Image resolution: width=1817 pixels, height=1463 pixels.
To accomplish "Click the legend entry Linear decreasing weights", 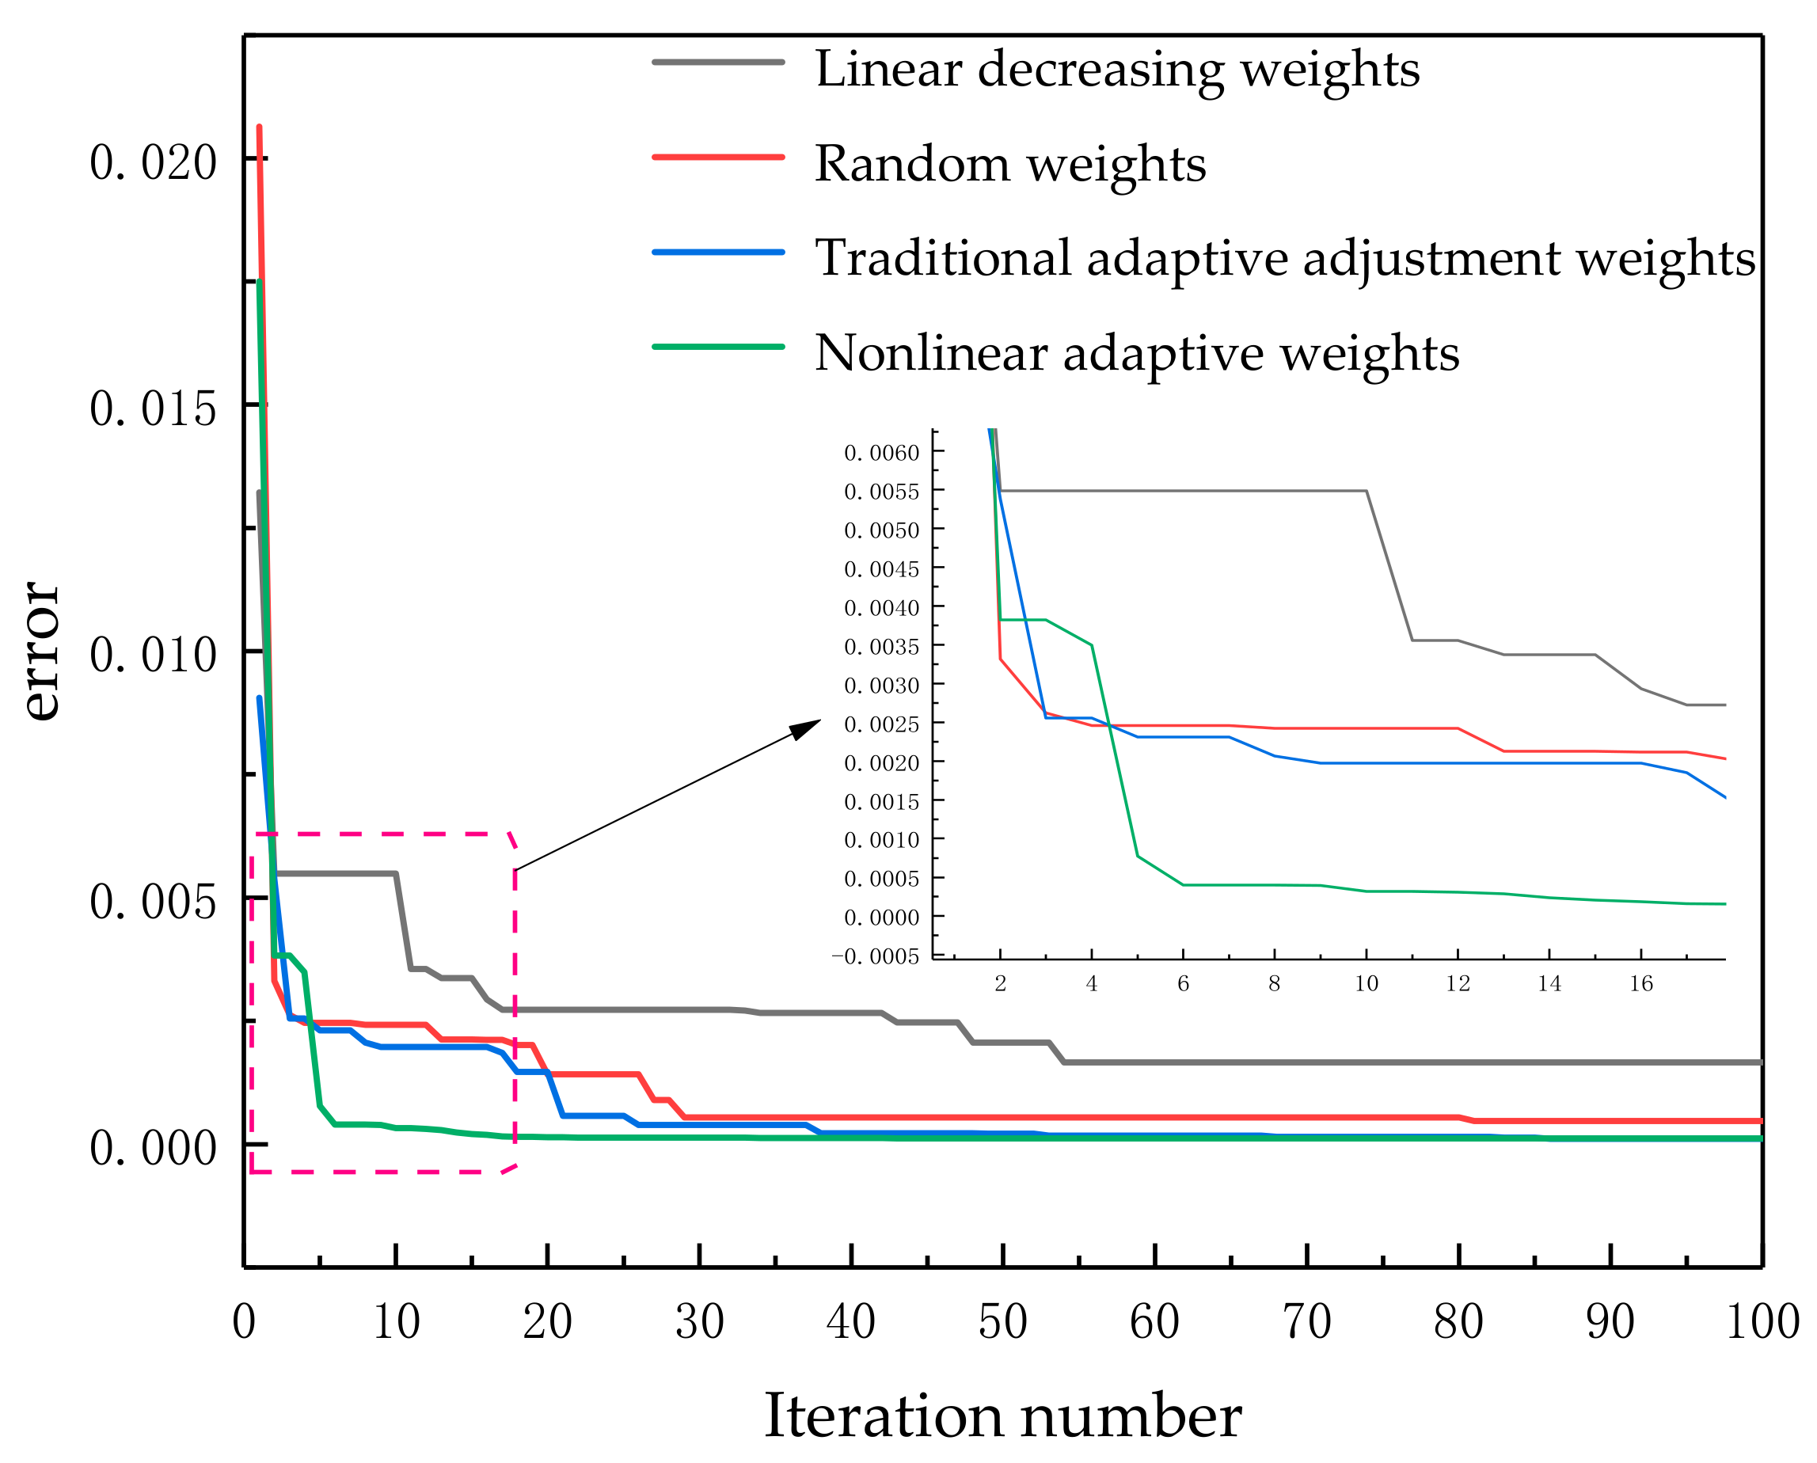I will pos(1116,69).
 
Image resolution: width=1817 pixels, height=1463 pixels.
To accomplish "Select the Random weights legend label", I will pos(1009,164).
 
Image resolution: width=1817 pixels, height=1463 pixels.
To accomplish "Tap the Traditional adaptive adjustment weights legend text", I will pos(1284,258).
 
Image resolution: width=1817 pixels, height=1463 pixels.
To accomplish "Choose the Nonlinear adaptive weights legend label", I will pos(1136,353).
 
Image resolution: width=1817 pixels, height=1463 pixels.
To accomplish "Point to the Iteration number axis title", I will pos(1002,1415).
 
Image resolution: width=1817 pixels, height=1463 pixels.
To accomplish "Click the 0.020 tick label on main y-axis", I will pos(154,161).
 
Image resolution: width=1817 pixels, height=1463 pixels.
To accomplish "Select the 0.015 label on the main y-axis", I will pos(154,408).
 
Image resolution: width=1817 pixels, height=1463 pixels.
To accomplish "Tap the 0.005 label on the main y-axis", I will pos(154,902).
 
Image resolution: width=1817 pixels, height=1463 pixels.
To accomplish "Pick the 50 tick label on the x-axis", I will pos(1002,1321).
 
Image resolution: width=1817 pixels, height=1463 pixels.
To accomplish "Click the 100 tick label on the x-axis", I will pos(1762,1321).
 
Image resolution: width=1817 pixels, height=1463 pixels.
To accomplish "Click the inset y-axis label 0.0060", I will pos(881,454).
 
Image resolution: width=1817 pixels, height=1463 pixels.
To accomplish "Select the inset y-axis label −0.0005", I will pos(875,956).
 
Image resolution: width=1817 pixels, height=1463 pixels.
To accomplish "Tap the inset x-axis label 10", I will pos(1367,983).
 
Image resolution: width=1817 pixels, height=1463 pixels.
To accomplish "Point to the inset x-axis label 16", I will pos(1641,983).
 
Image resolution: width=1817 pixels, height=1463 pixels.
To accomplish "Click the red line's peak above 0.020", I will pos(259,128).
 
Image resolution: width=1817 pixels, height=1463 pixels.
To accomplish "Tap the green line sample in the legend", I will pos(718,347).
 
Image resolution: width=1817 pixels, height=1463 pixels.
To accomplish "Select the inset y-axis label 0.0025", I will pos(881,724).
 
